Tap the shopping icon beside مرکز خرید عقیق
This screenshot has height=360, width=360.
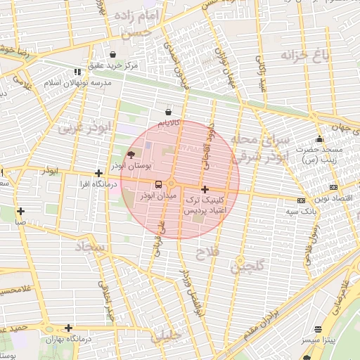point(113,54)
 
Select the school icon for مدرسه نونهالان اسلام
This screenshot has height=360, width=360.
point(77,72)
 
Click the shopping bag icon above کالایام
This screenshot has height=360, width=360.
point(168,112)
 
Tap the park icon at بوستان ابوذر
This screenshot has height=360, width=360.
point(130,155)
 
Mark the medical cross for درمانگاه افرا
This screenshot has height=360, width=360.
point(99,173)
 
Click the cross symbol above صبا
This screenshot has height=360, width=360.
point(21,211)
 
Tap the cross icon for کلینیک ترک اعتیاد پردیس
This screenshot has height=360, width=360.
point(205,189)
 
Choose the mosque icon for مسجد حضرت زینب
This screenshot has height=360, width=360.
point(320,139)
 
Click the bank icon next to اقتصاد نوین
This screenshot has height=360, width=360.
point(333,187)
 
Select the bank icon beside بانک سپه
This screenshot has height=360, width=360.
point(302,200)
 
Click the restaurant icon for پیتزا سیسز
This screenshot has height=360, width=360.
point(319,329)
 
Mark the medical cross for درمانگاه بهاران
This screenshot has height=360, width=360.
point(68,328)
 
